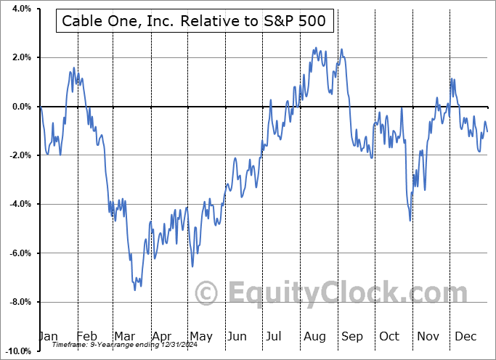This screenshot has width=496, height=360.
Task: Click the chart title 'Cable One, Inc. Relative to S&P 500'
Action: tap(195, 22)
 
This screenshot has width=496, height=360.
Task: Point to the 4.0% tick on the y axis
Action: tap(19, 9)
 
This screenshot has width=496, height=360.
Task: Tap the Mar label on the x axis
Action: tap(125, 336)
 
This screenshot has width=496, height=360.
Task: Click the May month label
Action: tap(200, 336)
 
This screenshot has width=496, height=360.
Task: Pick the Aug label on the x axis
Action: tap(315, 336)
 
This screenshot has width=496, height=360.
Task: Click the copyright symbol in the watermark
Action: tap(208, 293)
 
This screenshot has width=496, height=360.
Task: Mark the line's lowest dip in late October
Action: tap(410, 220)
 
